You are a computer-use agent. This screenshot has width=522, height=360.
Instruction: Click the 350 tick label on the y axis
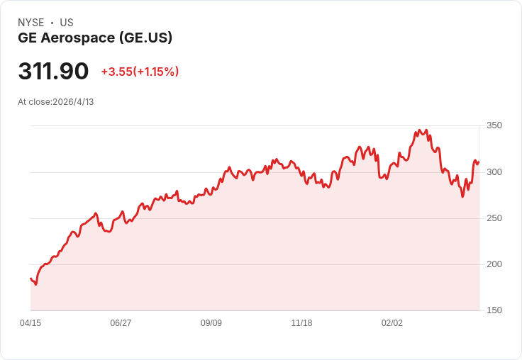(494, 125)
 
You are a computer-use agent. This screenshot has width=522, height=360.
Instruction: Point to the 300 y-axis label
(494, 172)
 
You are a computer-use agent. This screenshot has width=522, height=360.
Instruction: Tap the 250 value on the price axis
(494, 218)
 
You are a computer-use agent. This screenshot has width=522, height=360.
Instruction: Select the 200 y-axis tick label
(494, 264)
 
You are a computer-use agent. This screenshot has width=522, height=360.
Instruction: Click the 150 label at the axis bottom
(494, 310)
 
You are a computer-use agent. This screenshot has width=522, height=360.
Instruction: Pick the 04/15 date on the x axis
(30, 323)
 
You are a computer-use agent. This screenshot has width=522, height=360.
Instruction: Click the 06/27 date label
(121, 323)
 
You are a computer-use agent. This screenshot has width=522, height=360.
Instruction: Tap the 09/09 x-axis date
(211, 323)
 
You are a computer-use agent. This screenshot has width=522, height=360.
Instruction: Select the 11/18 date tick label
(301, 323)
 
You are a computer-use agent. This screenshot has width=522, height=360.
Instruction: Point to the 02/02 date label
(391, 323)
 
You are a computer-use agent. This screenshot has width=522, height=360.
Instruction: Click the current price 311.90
(53, 71)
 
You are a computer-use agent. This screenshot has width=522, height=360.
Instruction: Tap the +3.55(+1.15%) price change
(140, 72)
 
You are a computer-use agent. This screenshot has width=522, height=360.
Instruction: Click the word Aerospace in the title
(78, 38)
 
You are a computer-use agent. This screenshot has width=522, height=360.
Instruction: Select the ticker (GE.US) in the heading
(146, 38)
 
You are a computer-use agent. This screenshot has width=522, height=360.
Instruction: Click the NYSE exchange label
(31, 23)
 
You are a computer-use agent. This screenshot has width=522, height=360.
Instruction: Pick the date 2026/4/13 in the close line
(73, 102)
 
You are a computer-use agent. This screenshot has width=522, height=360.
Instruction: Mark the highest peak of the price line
(419, 130)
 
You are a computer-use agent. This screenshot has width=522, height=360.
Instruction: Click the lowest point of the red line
(35, 284)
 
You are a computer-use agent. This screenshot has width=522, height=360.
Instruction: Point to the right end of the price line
(479, 162)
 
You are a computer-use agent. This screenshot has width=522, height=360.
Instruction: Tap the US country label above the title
(67, 23)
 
